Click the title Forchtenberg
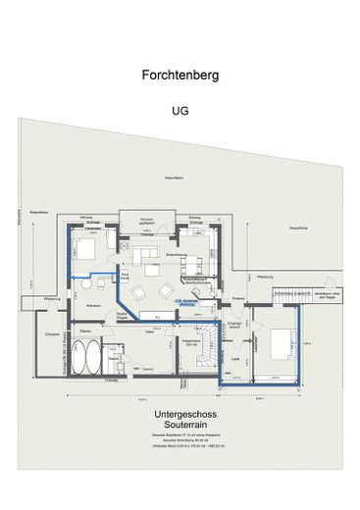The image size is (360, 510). (179, 74)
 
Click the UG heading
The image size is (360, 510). (179, 111)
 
